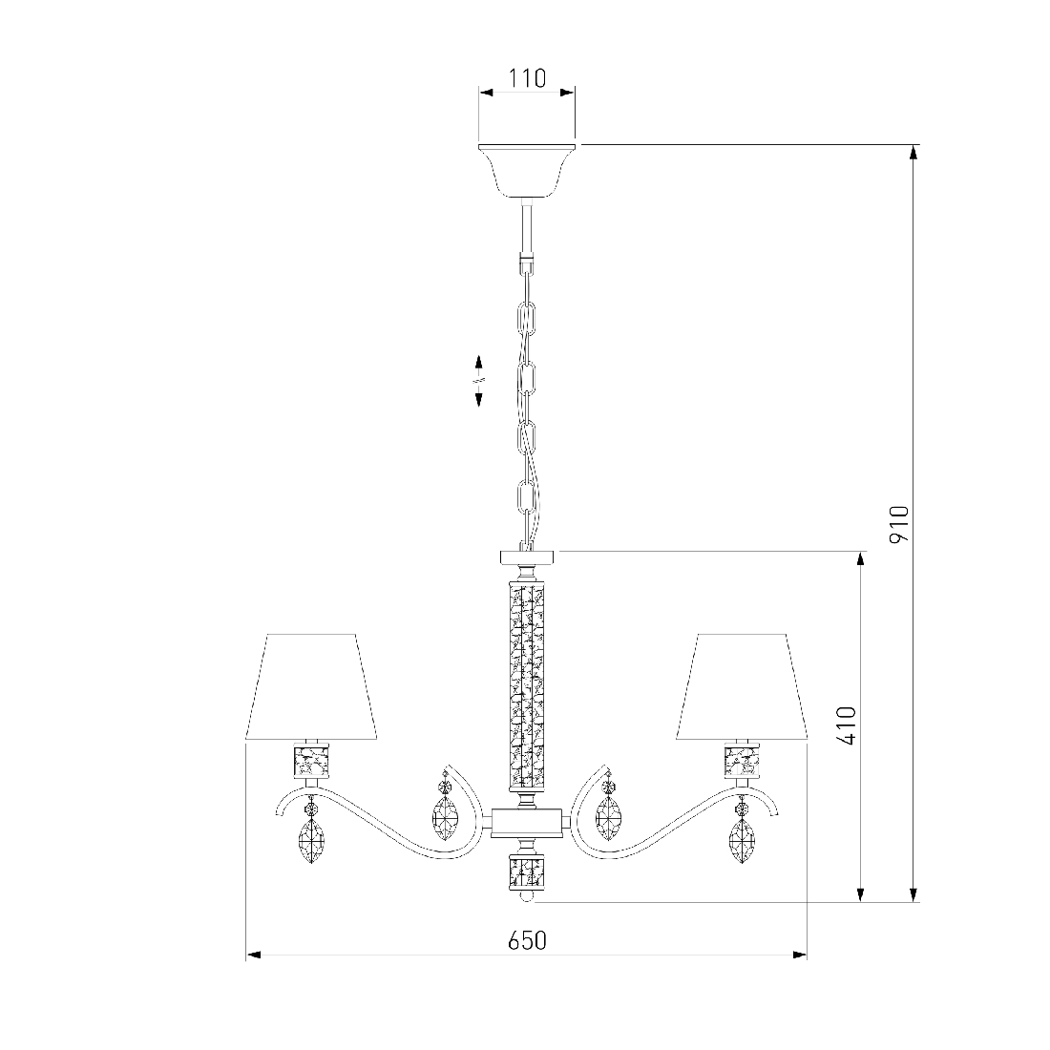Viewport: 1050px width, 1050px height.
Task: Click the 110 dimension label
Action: pyautogui.click(x=526, y=78)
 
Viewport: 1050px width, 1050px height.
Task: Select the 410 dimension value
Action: pyautogui.click(x=848, y=725)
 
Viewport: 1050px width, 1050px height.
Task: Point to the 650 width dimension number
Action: pyautogui.click(x=527, y=941)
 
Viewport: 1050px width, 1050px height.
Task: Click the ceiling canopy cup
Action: pyautogui.click(x=527, y=172)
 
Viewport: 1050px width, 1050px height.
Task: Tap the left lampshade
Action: pyautogui.click(x=311, y=687)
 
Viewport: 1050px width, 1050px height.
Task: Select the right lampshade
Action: pyautogui.click(x=742, y=687)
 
